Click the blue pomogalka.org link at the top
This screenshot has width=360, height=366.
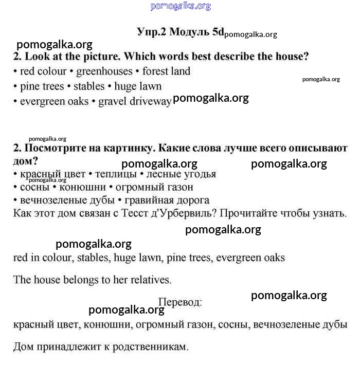point(181,6)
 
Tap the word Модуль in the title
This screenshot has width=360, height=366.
point(189,31)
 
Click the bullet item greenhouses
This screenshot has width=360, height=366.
point(105,71)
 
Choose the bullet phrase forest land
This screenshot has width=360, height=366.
point(166,71)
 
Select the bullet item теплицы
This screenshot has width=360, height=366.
point(113,174)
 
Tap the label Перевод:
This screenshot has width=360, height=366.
point(180,302)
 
